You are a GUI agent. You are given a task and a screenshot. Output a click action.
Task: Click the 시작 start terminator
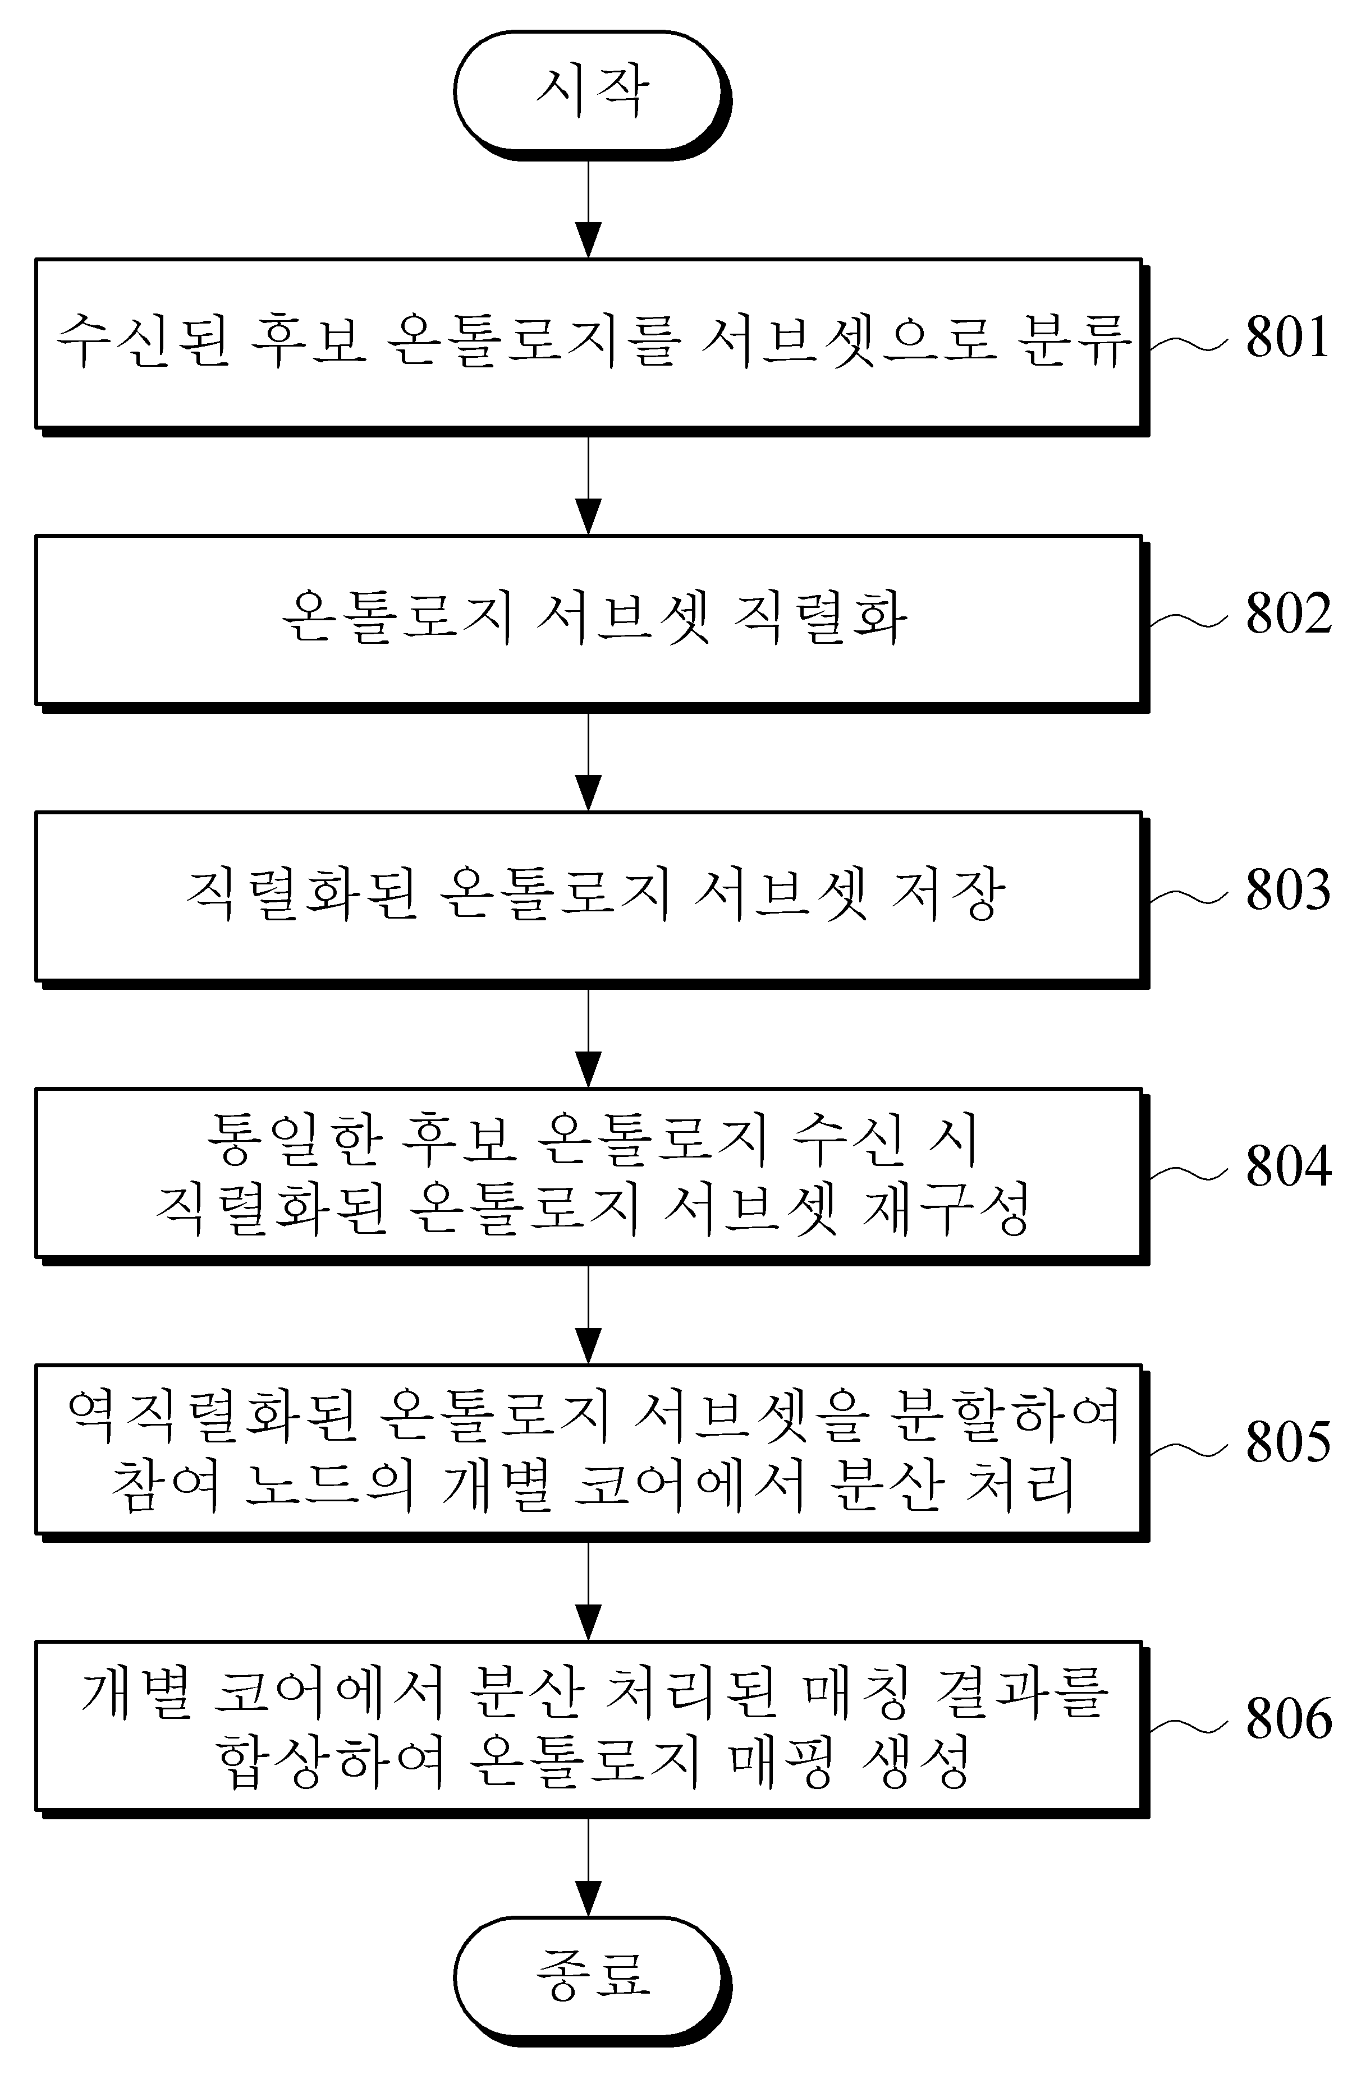tap(592, 94)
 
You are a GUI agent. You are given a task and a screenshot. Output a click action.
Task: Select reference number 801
tap(1287, 336)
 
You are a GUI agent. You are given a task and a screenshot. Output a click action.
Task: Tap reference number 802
tap(1287, 613)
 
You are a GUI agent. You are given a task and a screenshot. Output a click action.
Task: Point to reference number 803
tap(1287, 889)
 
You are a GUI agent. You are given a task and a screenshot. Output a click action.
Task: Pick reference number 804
tap(1287, 1166)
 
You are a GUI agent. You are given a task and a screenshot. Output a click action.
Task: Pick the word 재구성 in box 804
tap(946, 1207)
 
